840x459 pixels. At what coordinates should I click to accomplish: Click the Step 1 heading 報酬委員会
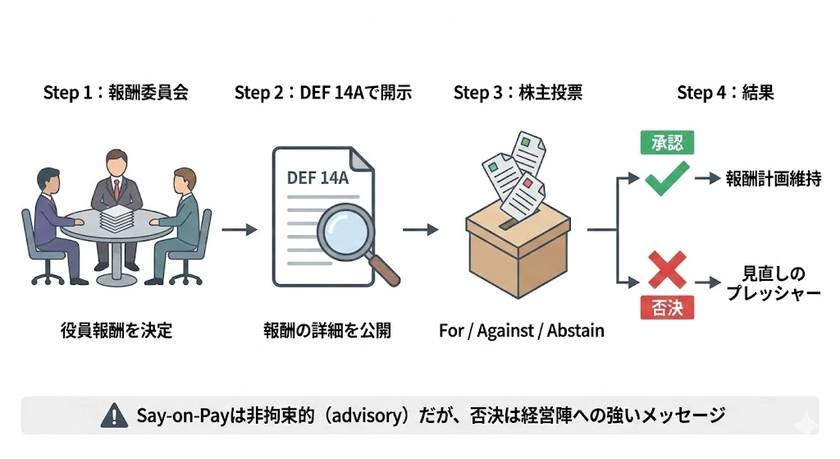(116, 92)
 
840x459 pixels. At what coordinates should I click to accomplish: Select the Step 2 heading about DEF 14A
(322, 92)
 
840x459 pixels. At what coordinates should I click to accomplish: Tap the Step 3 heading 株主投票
(518, 92)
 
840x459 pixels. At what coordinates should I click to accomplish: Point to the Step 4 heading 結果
(725, 92)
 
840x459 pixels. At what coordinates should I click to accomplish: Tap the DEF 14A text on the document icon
(317, 177)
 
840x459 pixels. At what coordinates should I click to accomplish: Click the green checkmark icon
(667, 178)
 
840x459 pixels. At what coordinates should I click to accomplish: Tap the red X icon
(666, 270)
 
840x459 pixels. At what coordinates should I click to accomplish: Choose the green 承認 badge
(667, 143)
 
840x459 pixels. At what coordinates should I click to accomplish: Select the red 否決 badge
(667, 308)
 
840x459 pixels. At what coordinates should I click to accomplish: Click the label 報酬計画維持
(773, 178)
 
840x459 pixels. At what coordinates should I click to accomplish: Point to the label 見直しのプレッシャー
(773, 283)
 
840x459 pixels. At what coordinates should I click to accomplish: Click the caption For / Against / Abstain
(521, 331)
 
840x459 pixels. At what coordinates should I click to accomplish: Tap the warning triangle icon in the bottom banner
(109, 415)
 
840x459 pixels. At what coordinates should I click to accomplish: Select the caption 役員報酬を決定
(116, 331)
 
